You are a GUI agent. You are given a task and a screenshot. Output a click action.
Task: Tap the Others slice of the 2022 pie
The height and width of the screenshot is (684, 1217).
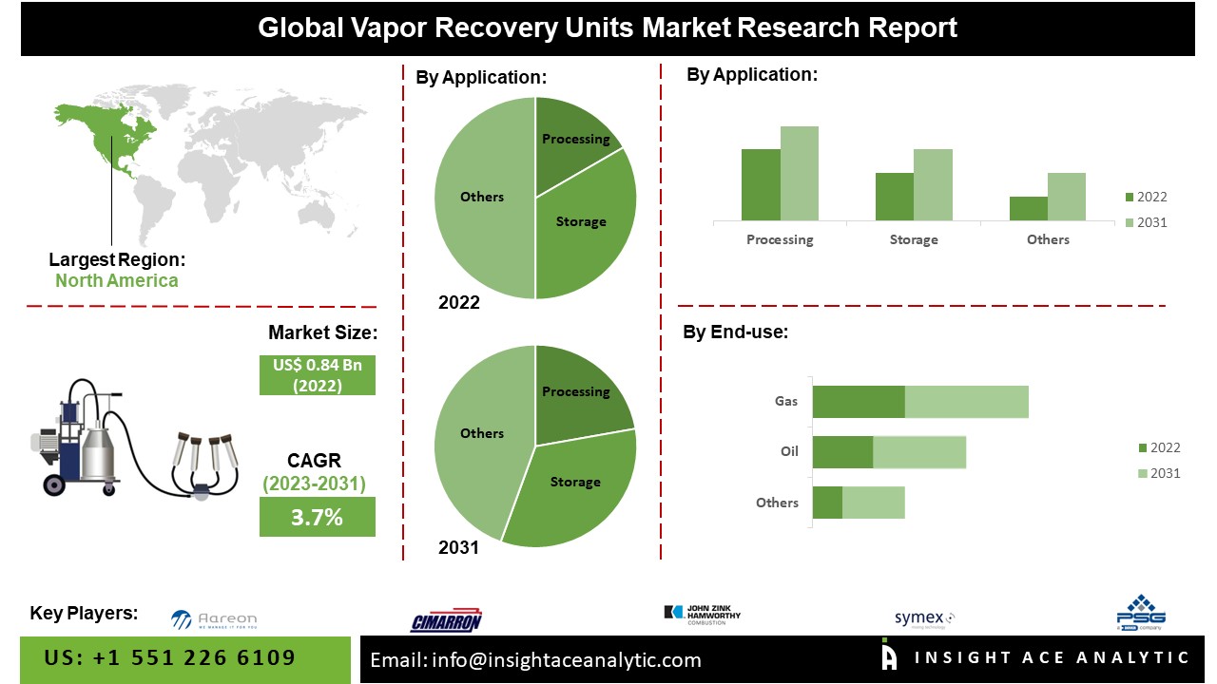[x=483, y=197]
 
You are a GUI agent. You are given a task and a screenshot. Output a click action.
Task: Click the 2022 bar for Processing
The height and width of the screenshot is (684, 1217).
[x=761, y=185]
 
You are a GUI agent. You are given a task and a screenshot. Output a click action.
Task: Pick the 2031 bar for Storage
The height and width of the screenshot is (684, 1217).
[x=933, y=184]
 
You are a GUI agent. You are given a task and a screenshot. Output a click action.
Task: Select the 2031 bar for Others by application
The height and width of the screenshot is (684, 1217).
[x=1067, y=197]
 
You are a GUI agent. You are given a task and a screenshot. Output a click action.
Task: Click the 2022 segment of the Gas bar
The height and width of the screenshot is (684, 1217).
[x=859, y=401]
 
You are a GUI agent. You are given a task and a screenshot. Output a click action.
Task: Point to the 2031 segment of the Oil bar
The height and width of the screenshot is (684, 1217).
[x=919, y=451]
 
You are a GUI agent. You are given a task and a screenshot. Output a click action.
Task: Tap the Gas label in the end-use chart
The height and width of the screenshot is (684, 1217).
[x=786, y=401]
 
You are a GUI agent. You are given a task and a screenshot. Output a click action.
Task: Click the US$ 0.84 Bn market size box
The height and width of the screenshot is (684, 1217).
[x=318, y=375]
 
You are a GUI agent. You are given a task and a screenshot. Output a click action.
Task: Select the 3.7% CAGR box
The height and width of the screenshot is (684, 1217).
[x=318, y=517]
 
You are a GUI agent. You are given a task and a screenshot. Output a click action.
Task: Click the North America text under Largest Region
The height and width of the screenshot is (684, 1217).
[x=116, y=280]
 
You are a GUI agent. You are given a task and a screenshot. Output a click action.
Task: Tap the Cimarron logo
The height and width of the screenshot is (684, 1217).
[x=446, y=621]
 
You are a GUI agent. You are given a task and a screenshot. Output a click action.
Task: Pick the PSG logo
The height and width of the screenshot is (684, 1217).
[x=1141, y=613]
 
